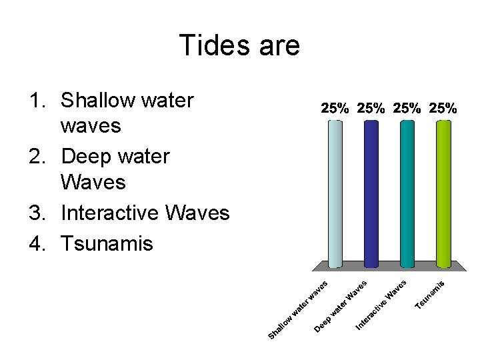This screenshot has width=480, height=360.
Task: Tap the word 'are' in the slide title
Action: click(277, 46)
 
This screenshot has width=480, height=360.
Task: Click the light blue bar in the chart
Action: click(335, 193)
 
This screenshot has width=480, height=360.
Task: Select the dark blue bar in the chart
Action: click(371, 193)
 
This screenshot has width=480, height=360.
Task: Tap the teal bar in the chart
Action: click(407, 193)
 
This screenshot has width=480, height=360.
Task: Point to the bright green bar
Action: click(443, 193)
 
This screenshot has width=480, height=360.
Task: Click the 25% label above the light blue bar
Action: click(335, 108)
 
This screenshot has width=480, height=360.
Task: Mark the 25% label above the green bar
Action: click(443, 108)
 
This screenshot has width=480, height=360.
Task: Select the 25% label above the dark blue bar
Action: click(371, 108)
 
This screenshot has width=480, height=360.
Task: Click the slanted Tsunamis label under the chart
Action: click(430, 294)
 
